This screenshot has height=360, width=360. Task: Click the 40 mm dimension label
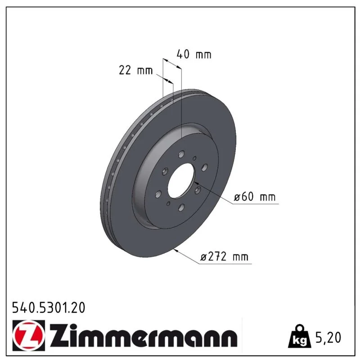coord(194,54)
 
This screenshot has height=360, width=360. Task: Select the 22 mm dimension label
coord(136,70)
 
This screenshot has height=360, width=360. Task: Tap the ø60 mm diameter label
coord(255,197)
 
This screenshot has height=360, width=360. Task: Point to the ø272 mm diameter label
coord(224,256)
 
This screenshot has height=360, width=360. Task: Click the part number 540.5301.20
coord(49,308)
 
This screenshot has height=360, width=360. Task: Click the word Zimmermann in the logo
coord(144,336)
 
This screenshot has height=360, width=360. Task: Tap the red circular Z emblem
coord(28,335)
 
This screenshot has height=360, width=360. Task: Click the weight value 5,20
coord(328,337)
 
